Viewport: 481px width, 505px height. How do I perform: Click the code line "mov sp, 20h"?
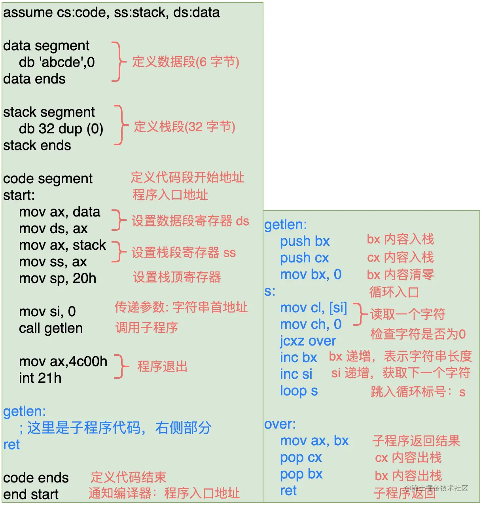coord(57,278)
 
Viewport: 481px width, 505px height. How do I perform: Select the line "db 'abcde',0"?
coord(57,62)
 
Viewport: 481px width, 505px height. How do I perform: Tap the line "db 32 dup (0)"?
coord(61,129)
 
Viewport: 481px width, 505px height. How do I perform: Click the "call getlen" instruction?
coord(51,328)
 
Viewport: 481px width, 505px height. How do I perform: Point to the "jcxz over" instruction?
coord(308,341)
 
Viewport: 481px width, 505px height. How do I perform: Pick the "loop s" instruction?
coord(299,391)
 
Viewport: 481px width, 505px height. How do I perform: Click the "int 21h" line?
coord(40,378)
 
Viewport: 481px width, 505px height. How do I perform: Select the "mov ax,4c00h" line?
coord(63,361)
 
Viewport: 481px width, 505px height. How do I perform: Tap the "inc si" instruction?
coord(296,374)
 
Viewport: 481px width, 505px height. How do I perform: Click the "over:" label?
coord(280,424)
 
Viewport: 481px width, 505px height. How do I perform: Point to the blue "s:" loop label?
coord(270,291)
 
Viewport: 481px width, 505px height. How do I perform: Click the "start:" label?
coord(19,195)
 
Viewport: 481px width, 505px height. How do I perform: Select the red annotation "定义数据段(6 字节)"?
coord(186,62)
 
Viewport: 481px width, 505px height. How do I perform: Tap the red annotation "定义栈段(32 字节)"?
coord(184,127)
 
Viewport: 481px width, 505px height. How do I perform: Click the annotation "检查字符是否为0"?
coord(418,334)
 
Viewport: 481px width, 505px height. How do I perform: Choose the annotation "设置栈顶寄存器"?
coord(176,277)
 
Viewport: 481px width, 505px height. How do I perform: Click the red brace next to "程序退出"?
coord(122,366)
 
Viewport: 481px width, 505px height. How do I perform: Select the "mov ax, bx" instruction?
coord(314,440)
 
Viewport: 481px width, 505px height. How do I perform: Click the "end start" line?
coord(31,494)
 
